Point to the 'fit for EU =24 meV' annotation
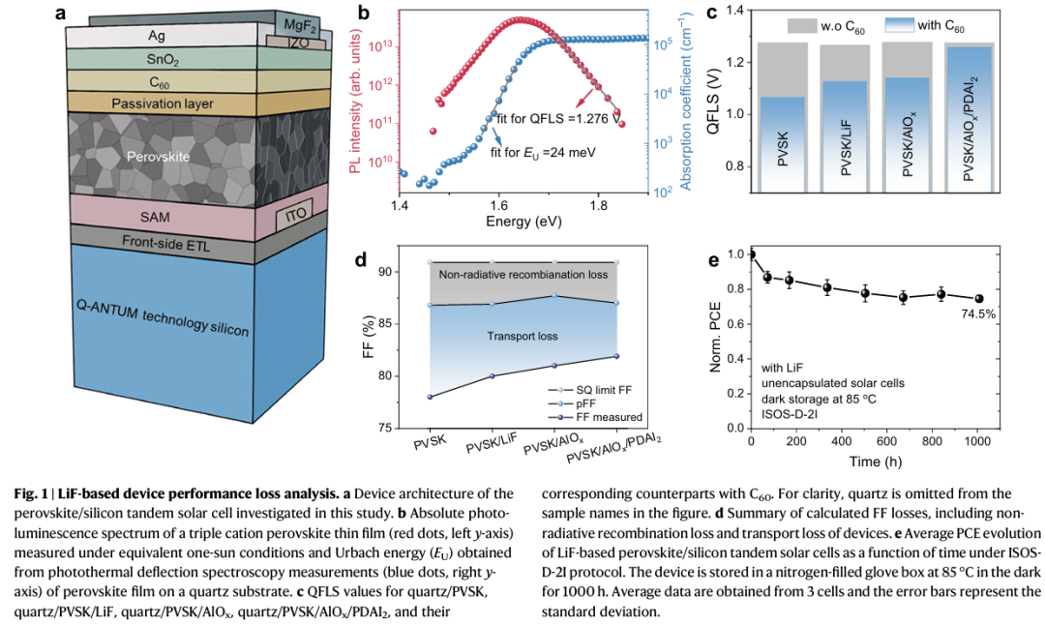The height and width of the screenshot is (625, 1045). coord(542,152)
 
